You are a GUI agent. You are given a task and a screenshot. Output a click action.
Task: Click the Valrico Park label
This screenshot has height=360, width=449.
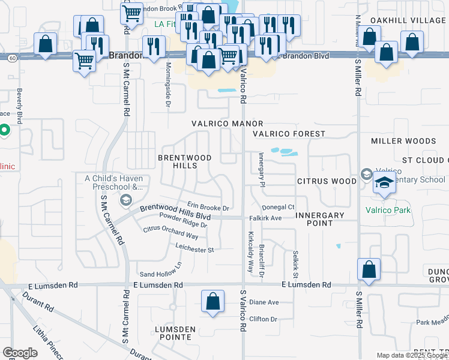(388, 210)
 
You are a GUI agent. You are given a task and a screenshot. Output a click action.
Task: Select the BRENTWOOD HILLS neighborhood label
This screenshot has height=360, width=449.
(185, 161)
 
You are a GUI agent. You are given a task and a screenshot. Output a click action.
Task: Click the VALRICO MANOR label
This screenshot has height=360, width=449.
(219, 123)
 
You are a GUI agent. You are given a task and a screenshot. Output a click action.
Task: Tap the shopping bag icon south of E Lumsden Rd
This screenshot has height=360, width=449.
(212, 302)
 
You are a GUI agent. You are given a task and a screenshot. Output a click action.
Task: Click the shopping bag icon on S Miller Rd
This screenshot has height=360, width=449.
(369, 271)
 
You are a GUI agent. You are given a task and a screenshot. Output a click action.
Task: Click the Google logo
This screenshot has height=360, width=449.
(20, 353)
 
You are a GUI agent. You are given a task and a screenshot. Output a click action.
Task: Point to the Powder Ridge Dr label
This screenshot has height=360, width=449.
(183, 220)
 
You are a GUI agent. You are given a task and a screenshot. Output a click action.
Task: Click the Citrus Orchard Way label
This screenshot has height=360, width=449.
(170, 233)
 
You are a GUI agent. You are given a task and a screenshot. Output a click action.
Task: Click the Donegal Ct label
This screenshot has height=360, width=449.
(277, 207)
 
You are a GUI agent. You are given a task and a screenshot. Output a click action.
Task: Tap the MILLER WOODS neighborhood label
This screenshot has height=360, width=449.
(403, 141)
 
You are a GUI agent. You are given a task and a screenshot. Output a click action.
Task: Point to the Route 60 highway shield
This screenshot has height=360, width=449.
(11, 58)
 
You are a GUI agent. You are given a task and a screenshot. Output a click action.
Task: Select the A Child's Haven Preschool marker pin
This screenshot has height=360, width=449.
(125, 199)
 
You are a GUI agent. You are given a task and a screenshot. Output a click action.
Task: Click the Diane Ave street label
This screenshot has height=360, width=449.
(264, 302)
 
